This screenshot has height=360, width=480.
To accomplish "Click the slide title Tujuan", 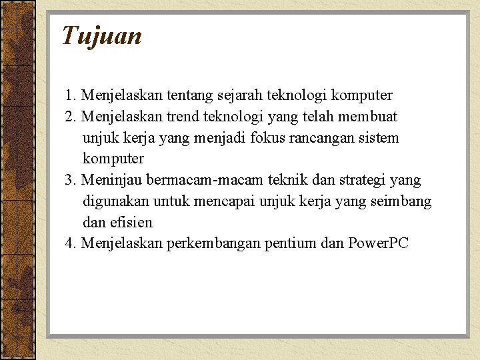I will [x=102, y=35].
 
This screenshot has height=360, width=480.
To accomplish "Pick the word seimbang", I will [x=404, y=201].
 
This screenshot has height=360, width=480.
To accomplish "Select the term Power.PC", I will [x=378, y=243].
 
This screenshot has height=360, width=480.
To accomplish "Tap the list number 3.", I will [x=71, y=180].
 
